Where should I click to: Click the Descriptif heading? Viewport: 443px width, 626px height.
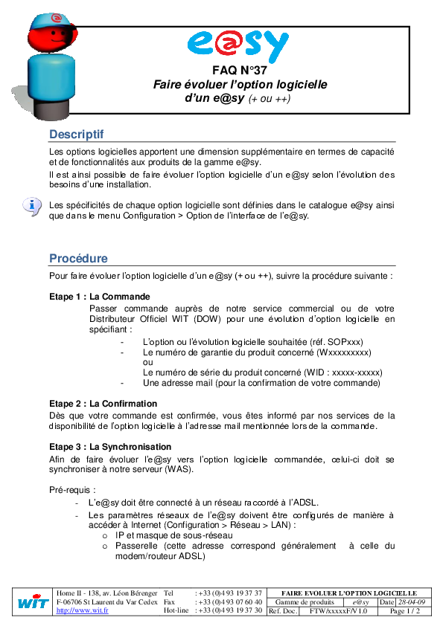(x=76, y=135)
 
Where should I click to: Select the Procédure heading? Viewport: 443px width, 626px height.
(x=78, y=259)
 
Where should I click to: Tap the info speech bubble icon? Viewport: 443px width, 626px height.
(x=31, y=205)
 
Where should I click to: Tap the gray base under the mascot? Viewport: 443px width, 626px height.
(x=51, y=112)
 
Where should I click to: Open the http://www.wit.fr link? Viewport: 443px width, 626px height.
(x=82, y=610)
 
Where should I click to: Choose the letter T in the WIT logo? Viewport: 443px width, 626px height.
(x=43, y=602)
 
